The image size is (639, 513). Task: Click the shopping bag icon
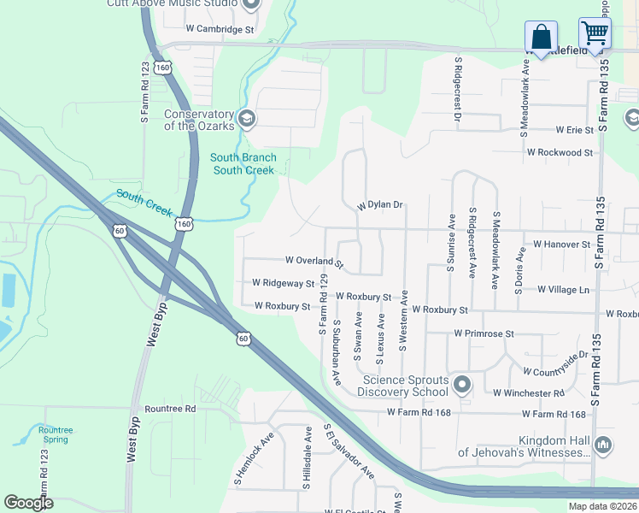pyautogui.click(x=541, y=37)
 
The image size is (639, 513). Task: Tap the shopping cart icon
pyautogui.click(x=595, y=33)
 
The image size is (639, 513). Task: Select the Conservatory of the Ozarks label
pyautogui.click(x=199, y=121)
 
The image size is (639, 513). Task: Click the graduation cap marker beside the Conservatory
pyautogui.click(x=247, y=118)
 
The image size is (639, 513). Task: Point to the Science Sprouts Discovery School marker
pyautogui.click(x=462, y=385)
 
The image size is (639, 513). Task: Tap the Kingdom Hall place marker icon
pyautogui.click(x=603, y=444)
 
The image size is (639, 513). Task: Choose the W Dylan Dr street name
pyautogui.click(x=379, y=206)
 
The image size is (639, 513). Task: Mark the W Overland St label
pyautogui.click(x=314, y=261)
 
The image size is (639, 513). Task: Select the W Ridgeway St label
pyautogui.click(x=284, y=283)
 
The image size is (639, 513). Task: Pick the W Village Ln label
pyautogui.click(x=564, y=290)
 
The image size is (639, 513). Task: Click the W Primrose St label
pyautogui.click(x=484, y=333)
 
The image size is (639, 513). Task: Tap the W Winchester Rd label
pyautogui.click(x=529, y=393)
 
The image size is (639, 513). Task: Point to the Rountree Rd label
pyautogui.click(x=170, y=409)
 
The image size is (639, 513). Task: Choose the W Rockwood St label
pyautogui.click(x=560, y=152)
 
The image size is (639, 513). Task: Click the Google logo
pyautogui.click(x=28, y=503)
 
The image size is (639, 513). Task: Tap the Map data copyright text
pyautogui.click(x=602, y=506)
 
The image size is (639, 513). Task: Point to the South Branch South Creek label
pyautogui.click(x=243, y=163)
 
